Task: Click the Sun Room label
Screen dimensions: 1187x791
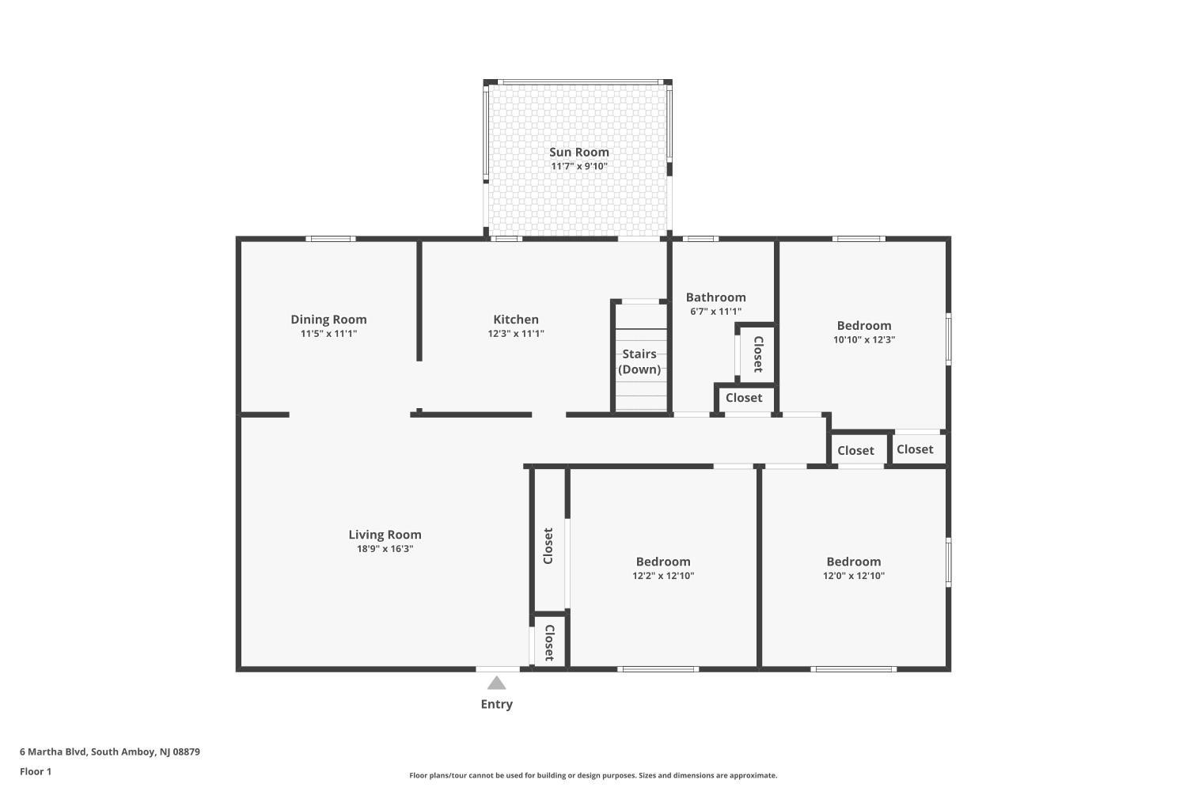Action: [x=578, y=152]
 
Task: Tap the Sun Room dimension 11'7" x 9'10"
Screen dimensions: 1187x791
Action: [x=578, y=166]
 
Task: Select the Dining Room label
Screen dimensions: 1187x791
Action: [x=328, y=320]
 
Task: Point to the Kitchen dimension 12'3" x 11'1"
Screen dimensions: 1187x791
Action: [x=516, y=334]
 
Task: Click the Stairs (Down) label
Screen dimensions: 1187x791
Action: [x=639, y=361]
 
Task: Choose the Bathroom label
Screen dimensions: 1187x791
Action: [x=715, y=297]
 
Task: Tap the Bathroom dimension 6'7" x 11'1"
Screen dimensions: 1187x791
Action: [x=715, y=312]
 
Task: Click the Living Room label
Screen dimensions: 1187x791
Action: [x=385, y=535]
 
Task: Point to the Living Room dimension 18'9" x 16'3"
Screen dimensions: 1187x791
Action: [x=385, y=549]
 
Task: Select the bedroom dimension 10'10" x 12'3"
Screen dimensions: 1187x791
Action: [x=864, y=339]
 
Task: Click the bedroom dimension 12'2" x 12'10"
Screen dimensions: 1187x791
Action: [x=663, y=576]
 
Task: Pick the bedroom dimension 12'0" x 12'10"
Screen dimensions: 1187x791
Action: [x=853, y=576]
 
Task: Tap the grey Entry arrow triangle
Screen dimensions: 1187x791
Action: [x=496, y=683]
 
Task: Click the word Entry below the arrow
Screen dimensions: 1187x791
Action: [x=496, y=704]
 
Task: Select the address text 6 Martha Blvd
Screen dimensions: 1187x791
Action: [x=53, y=751]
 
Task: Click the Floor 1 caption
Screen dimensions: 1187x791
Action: [x=36, y=771]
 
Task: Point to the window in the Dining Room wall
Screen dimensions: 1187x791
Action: [x=331, y=239]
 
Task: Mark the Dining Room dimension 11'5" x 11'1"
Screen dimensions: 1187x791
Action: [x=328, y=334]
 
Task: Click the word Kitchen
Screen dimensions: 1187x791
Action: [x=516, y=320]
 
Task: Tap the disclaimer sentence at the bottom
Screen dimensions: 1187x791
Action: [x=593, y=775]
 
